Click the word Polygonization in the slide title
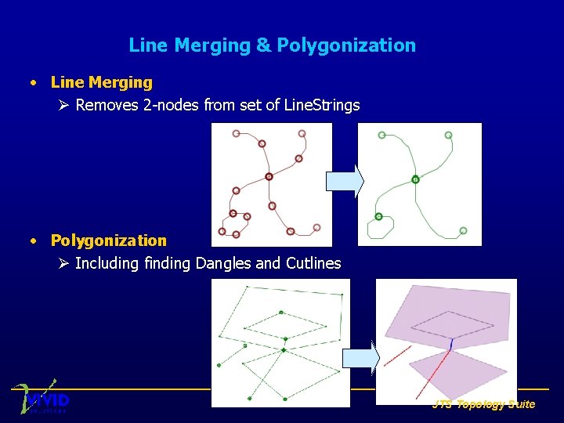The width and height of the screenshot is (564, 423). pyautogui.click(x=347, y=45)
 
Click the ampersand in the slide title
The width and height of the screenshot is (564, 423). pyautogui.click(x=264, y=45)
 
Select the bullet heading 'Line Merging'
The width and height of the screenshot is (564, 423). pyautogui.click(x=101, y=82)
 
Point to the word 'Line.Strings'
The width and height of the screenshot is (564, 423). pyautogui.click(x=322, y=105)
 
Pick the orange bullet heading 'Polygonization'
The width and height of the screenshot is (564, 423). pyautogui.click(x=108, y=240)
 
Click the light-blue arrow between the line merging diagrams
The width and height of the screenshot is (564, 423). pyautogui.click(x=345, y=181)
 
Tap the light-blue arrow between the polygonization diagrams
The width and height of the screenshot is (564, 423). pyautogui.click(x=361, y=358)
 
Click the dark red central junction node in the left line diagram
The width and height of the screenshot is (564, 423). pyautogui.click(x=269, y=176)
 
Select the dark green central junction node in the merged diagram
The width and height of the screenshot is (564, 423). pyautogui.click(x=415, y=179)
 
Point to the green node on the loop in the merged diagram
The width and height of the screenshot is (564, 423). pyautogui.click(x=378, y=216)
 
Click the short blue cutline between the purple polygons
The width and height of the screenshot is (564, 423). pyautogui.click(x=451, y=343)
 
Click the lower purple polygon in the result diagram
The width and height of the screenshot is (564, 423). pyautogui.click(x=458, y=372)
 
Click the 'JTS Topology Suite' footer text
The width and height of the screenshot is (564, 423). pyautogui.click(x=483, y=404)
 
